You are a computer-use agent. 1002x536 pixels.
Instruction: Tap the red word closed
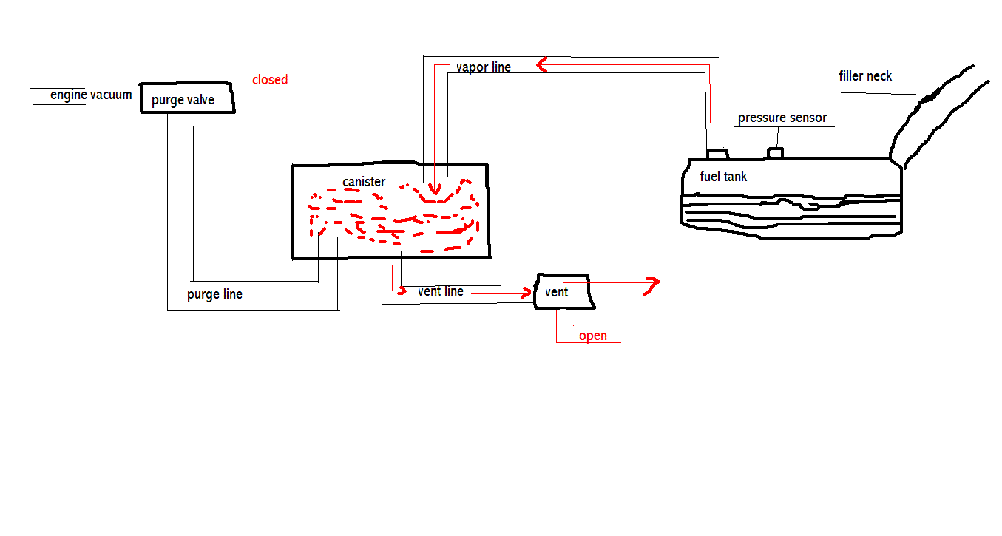pos(270,79)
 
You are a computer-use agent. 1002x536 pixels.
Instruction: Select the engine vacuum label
pos(91,95)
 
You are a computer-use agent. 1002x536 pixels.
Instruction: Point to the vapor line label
pos(483,67)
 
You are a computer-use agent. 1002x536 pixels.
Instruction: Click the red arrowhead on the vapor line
pos(542,65)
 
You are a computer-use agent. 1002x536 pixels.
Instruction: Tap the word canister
pos(364,181)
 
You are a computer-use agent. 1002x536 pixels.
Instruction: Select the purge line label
pos(214,294)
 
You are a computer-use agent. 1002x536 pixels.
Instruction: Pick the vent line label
pos(441,291)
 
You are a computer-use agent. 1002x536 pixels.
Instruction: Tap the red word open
pos(593,336)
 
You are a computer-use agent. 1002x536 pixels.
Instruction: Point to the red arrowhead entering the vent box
pos(527,293)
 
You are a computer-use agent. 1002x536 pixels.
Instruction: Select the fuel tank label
pos(723,177)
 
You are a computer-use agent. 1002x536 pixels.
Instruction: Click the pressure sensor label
pos(782,118)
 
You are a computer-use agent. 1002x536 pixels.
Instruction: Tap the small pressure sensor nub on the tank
pos(775,153)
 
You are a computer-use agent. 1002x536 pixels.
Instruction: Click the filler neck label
pos(865,76)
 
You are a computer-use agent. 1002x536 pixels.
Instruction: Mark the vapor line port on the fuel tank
pos(717,154)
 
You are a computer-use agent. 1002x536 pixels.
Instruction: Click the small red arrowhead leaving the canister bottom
pos(402,291)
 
